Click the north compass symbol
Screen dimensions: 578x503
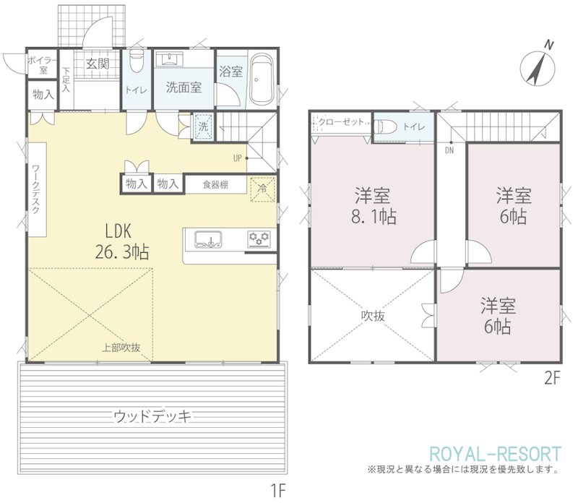[x=538, y=68]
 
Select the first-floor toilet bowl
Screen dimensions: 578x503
[x=137, y=62]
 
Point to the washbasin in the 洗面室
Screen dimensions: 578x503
[x=170, y=59]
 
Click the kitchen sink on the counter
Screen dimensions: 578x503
[x=208, y=239]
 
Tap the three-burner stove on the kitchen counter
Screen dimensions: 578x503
[x=259, y=239]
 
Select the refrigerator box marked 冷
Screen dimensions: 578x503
[x=263, y=189]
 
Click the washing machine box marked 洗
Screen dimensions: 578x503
[x=204, y=126]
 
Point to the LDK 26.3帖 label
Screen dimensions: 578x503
[x=122, y=242]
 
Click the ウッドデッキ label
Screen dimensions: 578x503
[x=152, y=416]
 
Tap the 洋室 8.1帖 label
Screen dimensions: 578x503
[x=373, y=206]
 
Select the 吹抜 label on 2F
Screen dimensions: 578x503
[x=373, y=316]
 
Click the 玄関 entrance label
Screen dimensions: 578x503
[x=98, y=64]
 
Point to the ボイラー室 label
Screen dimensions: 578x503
[x=43, y=65]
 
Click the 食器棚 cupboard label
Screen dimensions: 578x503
[x=215, y=185]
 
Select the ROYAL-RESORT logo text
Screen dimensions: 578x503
[x=496, y=454]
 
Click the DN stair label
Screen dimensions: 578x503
[x=449, y=150]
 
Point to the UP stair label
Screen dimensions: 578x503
[x=238, y=158]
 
